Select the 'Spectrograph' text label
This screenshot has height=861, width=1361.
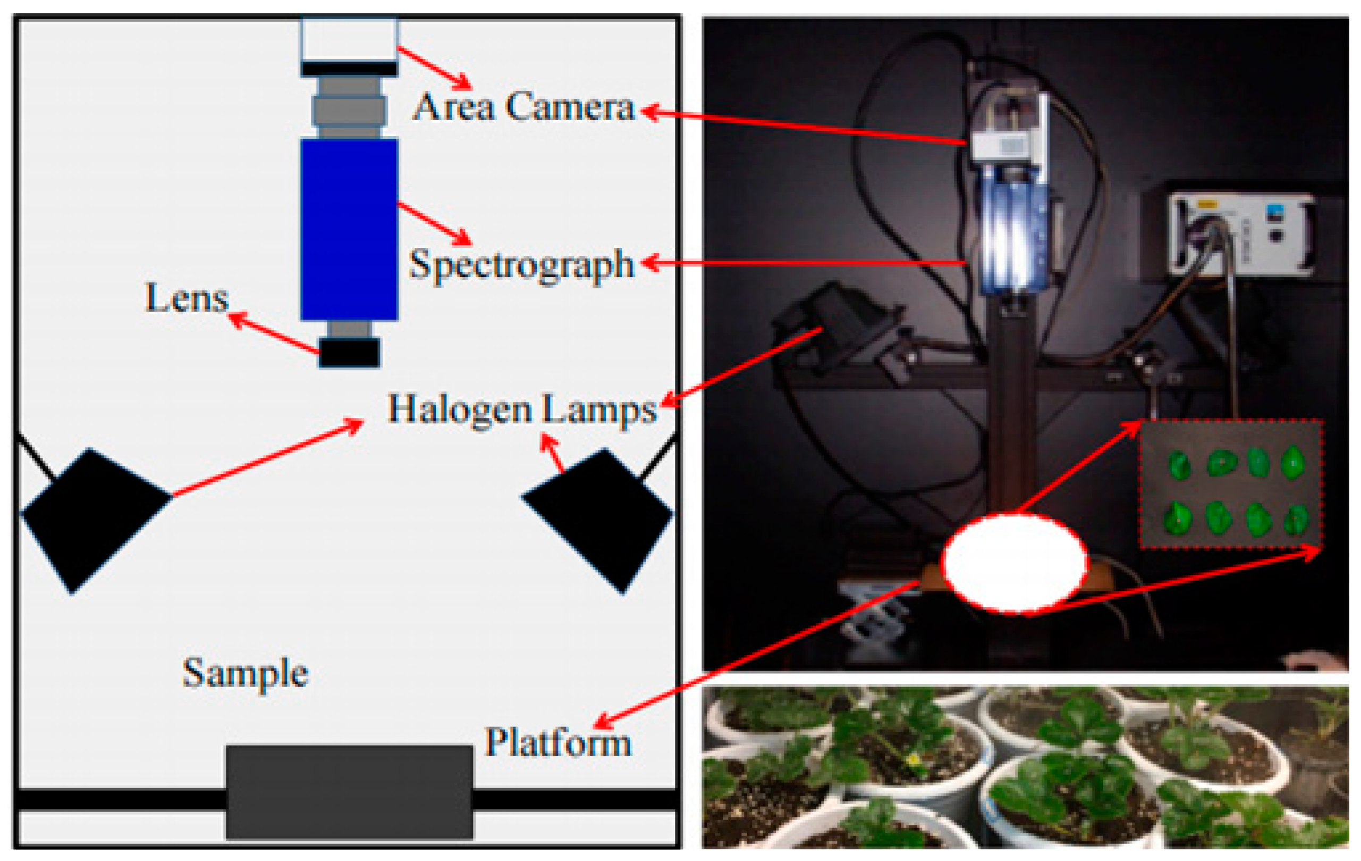click(521, 265)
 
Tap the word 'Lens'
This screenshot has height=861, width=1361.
click(187, 298)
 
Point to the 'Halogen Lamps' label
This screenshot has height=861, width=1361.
click(522, 409)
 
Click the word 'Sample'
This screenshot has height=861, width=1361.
click(246, 673)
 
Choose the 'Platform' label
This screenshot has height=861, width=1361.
click(558, 742)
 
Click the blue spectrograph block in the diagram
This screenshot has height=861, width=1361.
click(349, 229)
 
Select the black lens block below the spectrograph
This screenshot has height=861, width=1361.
click(349, 353)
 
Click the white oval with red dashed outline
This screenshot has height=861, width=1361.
click(1015, 563)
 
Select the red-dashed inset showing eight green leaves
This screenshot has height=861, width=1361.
click(1230, 485)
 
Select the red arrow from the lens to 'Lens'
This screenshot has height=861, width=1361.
click(274, 333)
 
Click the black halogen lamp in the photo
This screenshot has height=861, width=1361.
click(831, 328)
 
